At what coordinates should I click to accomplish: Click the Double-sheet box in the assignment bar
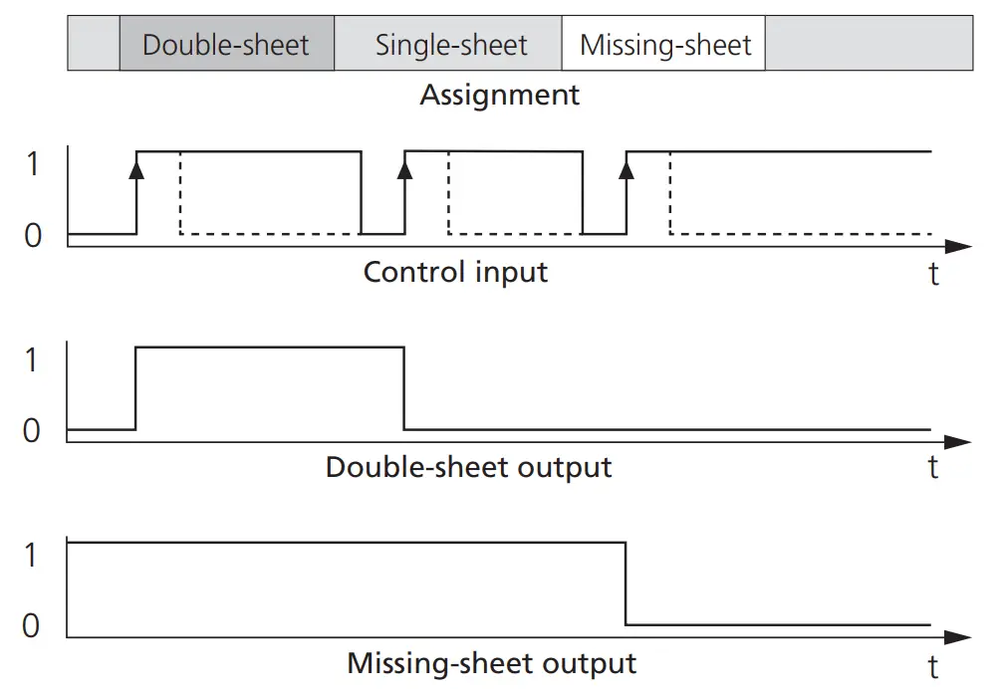[x=226, y=45]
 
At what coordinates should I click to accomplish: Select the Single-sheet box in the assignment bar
[x=451, y=45]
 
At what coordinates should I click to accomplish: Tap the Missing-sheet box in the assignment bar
[x=664, y=45]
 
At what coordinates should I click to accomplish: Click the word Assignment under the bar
[x=499, y=96]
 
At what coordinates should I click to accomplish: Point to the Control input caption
[x=455, y=272]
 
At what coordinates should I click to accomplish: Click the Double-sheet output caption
[x=468, y=467]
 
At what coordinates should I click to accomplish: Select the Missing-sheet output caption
[x=491, y=663]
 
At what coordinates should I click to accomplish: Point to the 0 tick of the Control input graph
[x=32, y=236]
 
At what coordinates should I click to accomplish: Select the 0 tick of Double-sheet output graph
[x=32, y=430]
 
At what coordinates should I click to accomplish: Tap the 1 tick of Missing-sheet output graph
[x=32, y=555]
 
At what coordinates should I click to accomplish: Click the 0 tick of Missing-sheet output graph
[x=32, y=625]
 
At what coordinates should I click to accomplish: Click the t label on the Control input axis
[x=933, y=274]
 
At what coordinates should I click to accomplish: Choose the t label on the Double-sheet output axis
[x=933, y=467]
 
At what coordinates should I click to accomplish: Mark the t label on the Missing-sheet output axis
[x=933, y=665]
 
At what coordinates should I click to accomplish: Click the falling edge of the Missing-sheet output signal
[x=626, y=583]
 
